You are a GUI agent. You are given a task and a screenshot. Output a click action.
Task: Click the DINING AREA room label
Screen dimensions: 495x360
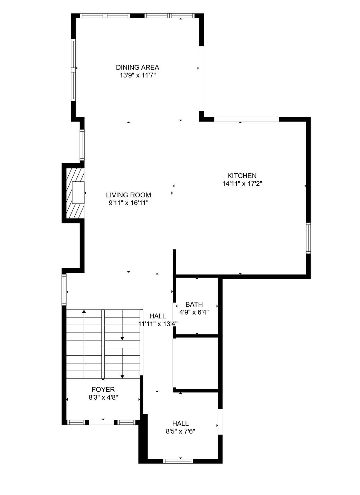pyautogui.click(x=138, y=67)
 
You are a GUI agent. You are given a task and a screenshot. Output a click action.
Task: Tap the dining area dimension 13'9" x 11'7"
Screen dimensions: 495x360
pyautogui.click(x=138, y=75)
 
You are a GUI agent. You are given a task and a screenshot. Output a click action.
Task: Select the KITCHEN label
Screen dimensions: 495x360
pyautogui.click(x=242, y=176)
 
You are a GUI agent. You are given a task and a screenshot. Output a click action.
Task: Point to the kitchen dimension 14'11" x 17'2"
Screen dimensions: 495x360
pyautogui.click(x=242, y=184)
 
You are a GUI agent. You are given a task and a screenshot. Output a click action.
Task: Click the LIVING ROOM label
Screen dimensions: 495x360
pyautogui.click(x=129, y=195)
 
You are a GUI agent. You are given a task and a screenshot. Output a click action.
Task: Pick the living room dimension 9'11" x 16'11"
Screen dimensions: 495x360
pyautogui.click(x=129, y=203)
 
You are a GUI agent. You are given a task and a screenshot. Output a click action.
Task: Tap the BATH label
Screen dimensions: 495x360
pyautogui.click(x=194, y=305)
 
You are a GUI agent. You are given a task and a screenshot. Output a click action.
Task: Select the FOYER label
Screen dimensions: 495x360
pyautogui.click(x=103, y=390)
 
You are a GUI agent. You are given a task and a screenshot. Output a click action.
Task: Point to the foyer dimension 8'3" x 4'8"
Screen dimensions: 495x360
pyautogui.click(x=103, y=398)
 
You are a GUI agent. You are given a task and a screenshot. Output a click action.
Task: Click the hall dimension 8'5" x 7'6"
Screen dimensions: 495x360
pyautogui.click(x=180, y=431)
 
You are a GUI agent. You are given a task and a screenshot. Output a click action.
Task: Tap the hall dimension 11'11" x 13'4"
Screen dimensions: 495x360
pyautogui.click(x=158, y=324)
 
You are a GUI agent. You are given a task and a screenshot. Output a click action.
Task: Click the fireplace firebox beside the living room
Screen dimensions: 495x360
pyautogui.click(x=78, y=193)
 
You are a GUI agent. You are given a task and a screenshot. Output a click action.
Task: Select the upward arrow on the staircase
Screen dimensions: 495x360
pyautogui.click(x=84, y=312)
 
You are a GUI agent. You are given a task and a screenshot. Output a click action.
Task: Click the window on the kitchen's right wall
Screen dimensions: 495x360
pyautogui.click(x=308, y=238)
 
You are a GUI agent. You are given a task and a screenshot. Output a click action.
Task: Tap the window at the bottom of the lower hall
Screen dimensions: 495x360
pyautogui.click(x=178, y=461)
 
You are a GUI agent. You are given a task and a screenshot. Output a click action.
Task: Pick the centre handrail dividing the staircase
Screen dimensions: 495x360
pyautogui.click(x=103, y=344)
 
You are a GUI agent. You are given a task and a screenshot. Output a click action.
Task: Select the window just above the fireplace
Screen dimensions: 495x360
pyautogui.click(x=82, y=145)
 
